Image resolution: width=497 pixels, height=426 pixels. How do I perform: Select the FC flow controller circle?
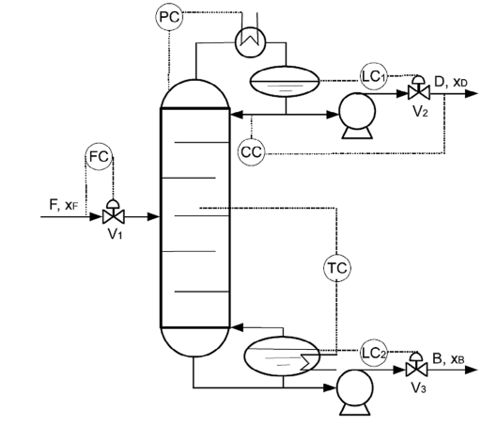click(x=99, y=157)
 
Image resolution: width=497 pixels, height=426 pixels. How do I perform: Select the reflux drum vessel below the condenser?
click(x=288, y=80)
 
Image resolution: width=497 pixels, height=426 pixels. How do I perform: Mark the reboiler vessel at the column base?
click(x=283, y=357)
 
